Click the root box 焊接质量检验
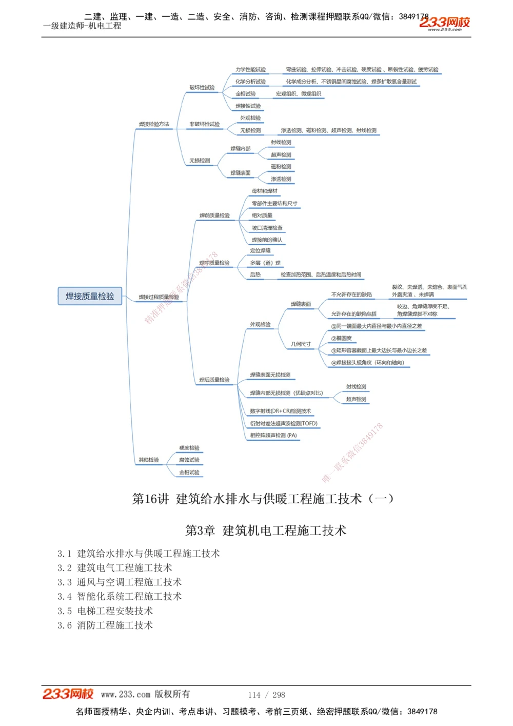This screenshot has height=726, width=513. click(90, 296)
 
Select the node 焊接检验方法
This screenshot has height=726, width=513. click(154, 124)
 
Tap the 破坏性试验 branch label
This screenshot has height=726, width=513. click(202, 88)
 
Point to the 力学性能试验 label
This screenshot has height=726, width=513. click(251, 70)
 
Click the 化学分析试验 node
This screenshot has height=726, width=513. click(251, 82)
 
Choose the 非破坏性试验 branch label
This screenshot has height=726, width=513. click(204, 124)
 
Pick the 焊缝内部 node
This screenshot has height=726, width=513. click(241, 149)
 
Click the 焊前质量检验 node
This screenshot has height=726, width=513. click(214, 215)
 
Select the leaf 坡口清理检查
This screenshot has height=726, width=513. click(267, 228)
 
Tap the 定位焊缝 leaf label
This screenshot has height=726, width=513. click(261, 251)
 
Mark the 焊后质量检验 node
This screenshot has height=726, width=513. click(214, 380)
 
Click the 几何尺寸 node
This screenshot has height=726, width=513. click(301, 344)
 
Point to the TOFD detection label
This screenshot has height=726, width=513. click(284, 424)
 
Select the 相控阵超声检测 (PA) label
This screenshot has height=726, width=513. click(273, 436)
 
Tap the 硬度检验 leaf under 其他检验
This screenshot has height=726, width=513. click(189, 448)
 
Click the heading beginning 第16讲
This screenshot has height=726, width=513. click(263, 499)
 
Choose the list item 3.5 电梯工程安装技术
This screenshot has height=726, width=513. click(105, 611)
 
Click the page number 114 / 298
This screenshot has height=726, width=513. click(266, 695)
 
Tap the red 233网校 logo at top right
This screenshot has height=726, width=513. click(444, 23)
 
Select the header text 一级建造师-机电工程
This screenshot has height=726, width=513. click(82, 26)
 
